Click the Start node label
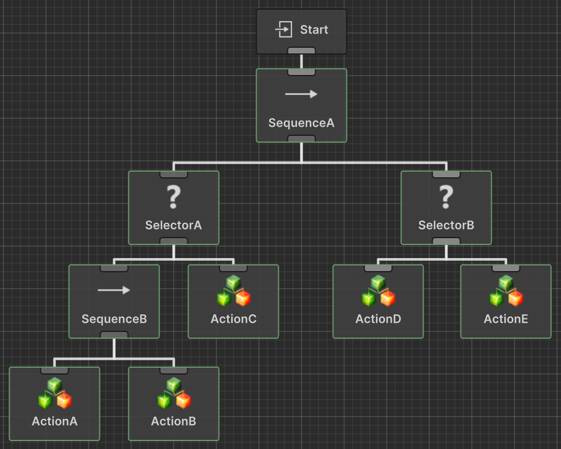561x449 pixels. [x=314, y=30]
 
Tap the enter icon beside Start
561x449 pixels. [x=284, y=30]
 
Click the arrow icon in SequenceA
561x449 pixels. [x=301, y=94]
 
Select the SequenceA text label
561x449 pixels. [x=301, y=123]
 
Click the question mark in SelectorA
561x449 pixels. [x=173, y=197]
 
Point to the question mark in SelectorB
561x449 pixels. [x=446, y=197]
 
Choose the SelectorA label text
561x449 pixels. [x=173, y=225]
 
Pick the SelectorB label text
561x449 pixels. [x=446, y=225]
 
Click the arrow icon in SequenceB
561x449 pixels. [x=114, y=290]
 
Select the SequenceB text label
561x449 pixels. [x=114, y=319]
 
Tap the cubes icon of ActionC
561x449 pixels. [x=233, y=291]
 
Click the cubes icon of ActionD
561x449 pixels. [x=378, y=291]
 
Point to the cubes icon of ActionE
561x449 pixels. [x=506, y=291]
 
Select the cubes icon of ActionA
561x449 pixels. [x=55, y=393]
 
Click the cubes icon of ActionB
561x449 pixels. [x=174, y=393]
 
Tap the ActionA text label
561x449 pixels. [x=55, y=421]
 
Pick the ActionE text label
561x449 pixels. [x=506, y=319]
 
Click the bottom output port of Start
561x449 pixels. [x=301, y=51]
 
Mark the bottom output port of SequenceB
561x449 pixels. [x=114, y=335]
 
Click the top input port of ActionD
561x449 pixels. [x=378, y=268]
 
